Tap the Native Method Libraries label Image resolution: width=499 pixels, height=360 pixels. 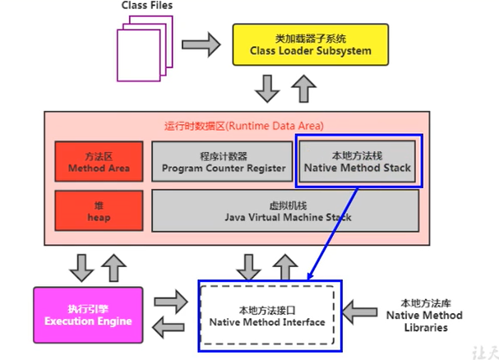[424, 315]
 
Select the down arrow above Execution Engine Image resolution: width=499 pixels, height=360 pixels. [80, 264]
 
